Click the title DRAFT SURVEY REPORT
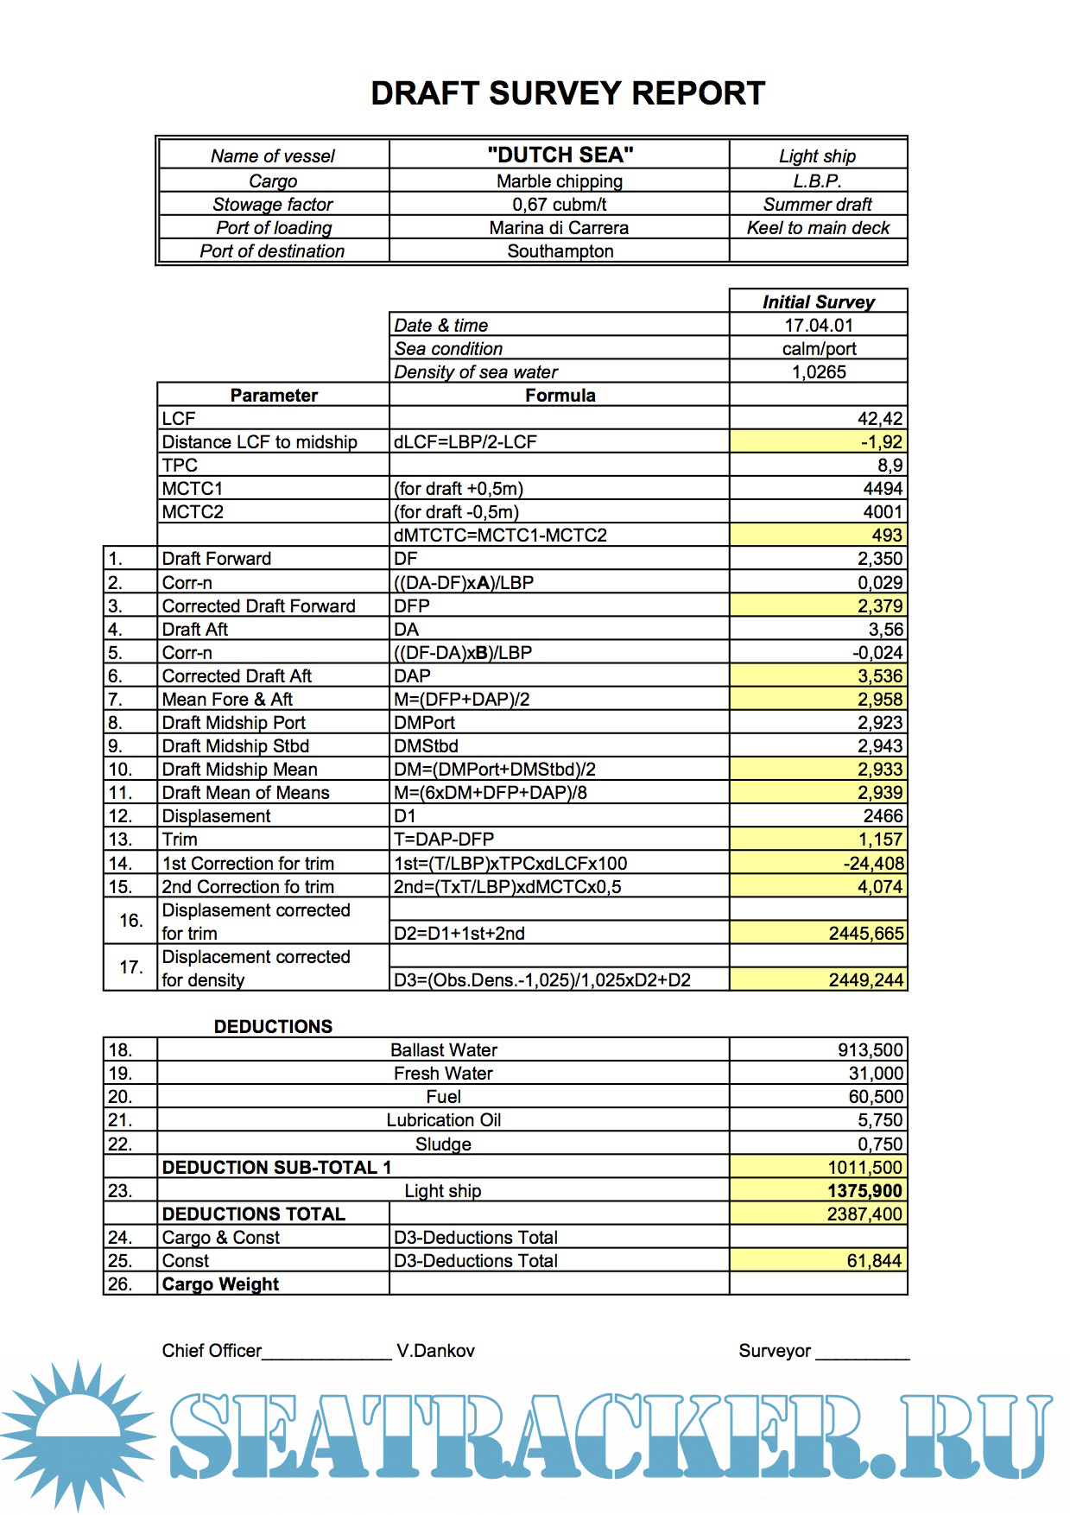pyautogui.click(x=567, y=93)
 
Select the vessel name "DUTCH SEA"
pyautogui.click(x=560, y=155)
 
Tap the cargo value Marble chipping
pyautogui.click(x=560, y=181)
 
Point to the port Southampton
pyautogui.click(x=560, y=251)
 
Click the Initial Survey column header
pyautogui.click(x=818, y=302)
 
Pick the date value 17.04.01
pyautogui.click(x=818, y=326)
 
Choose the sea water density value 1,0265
pyautogui.click(x=819, y=372)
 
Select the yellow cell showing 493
pyautogui.click(x=886, y=536)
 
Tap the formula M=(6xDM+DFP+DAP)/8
pyautogui.click(x=491, y=793)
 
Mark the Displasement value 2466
pyautogui.click(x=883, y=816)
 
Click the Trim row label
pyautogui.click(x=180, y=840)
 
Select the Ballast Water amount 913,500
pyautogui.click(x=870, y=1050)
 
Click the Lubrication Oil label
pyautogui.click(x=443, y=1120)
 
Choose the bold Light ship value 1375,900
pyautogui.click(x=864, y=1191)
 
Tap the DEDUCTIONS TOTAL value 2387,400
pyautogui.click(x=864, y=1214)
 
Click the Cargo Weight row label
pyautogui.click(x=220, y=1284)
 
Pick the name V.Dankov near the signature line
pyautogui.click(x=435, y=1351)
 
